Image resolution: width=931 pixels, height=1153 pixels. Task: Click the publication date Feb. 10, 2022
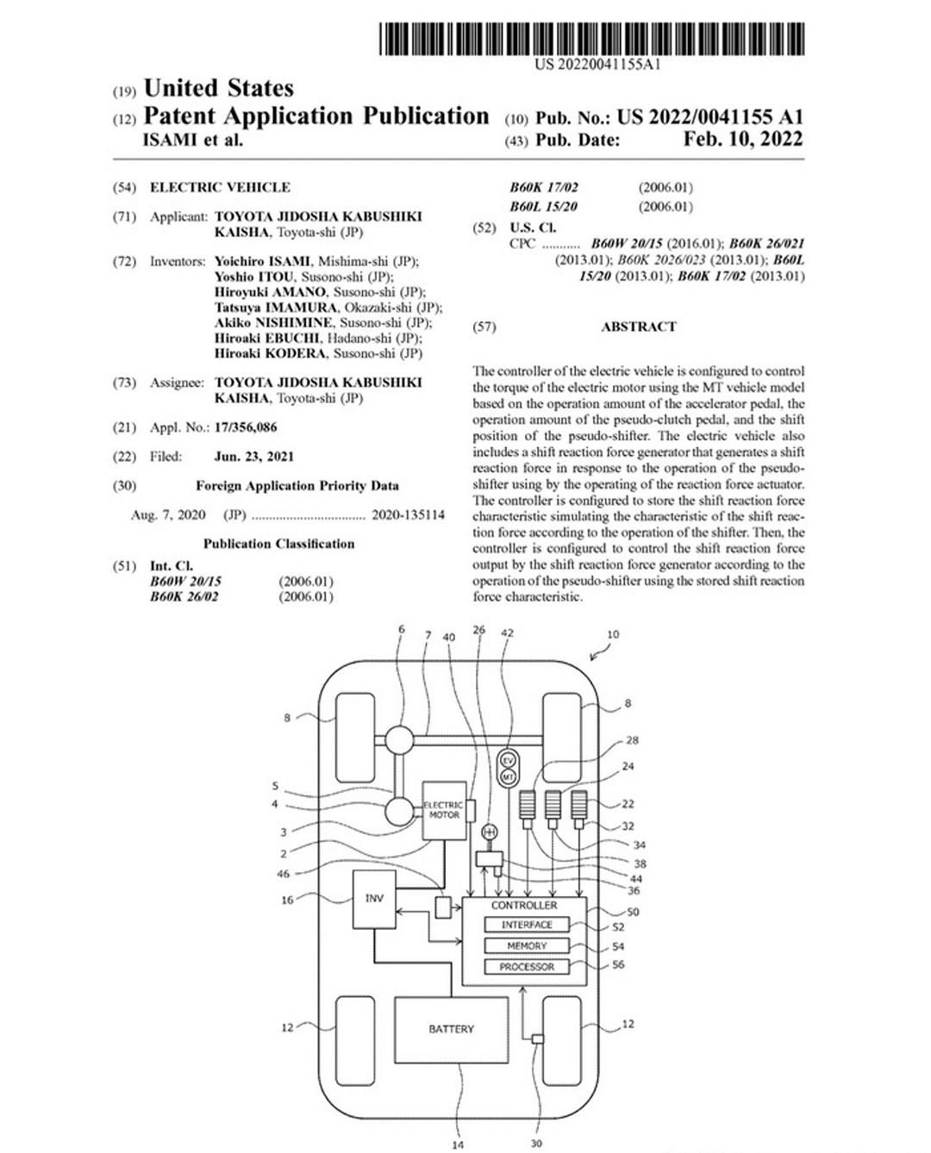click(742, 140)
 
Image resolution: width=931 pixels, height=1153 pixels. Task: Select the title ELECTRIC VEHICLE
click(220, 187)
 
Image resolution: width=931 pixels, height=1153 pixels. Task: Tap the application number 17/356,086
click(246, 427)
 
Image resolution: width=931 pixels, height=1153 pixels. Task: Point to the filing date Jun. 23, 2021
click(253, 457)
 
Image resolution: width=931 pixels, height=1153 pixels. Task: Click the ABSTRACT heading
click(638, 327)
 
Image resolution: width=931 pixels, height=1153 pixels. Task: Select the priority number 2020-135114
click(408, 515)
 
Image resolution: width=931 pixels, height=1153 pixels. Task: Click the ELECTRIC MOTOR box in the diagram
click(443, 810)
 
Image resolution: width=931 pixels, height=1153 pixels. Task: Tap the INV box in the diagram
click(374, 899)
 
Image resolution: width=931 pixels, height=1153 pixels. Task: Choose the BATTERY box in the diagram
click(451, 1029)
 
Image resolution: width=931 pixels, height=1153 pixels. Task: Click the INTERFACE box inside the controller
click(527, 925)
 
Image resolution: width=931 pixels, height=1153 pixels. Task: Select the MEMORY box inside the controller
click(527, 945)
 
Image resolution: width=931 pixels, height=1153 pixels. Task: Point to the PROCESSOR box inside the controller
click(527, 967)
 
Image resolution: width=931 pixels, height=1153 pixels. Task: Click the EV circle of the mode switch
click(508, 760)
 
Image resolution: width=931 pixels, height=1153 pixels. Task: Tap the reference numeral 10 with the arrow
click(612, 635)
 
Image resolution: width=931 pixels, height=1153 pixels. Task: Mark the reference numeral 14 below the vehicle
click(458, 1144)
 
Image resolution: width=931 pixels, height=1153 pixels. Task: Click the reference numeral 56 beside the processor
click(618, 965)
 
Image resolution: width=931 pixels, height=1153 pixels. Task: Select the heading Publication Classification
click(278, 544)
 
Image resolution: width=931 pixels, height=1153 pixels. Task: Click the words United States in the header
click(218, 89)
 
